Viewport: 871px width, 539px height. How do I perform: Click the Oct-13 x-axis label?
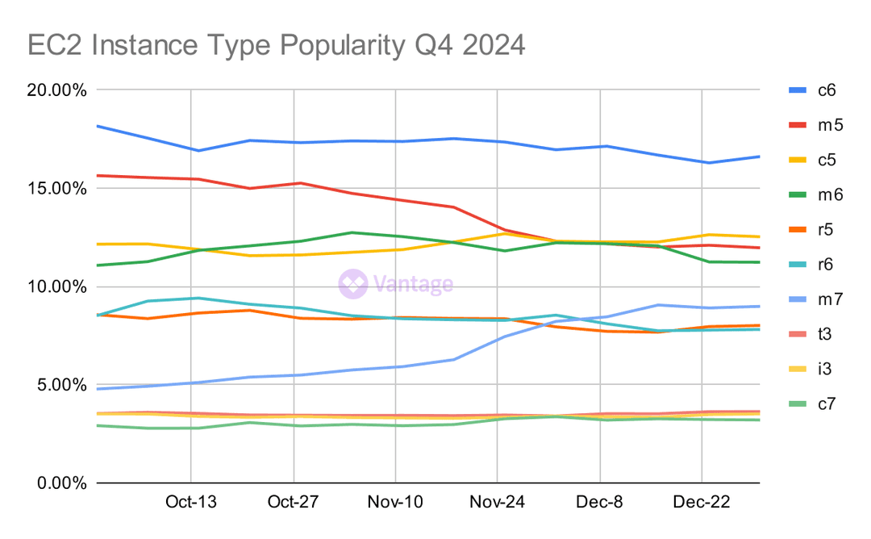tap(191, 503)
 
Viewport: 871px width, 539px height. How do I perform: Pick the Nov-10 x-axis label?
tap(395, 503)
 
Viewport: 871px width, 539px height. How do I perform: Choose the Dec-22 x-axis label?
tap(702, 503)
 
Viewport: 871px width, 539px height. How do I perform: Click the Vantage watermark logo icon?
tap(353, 284)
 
